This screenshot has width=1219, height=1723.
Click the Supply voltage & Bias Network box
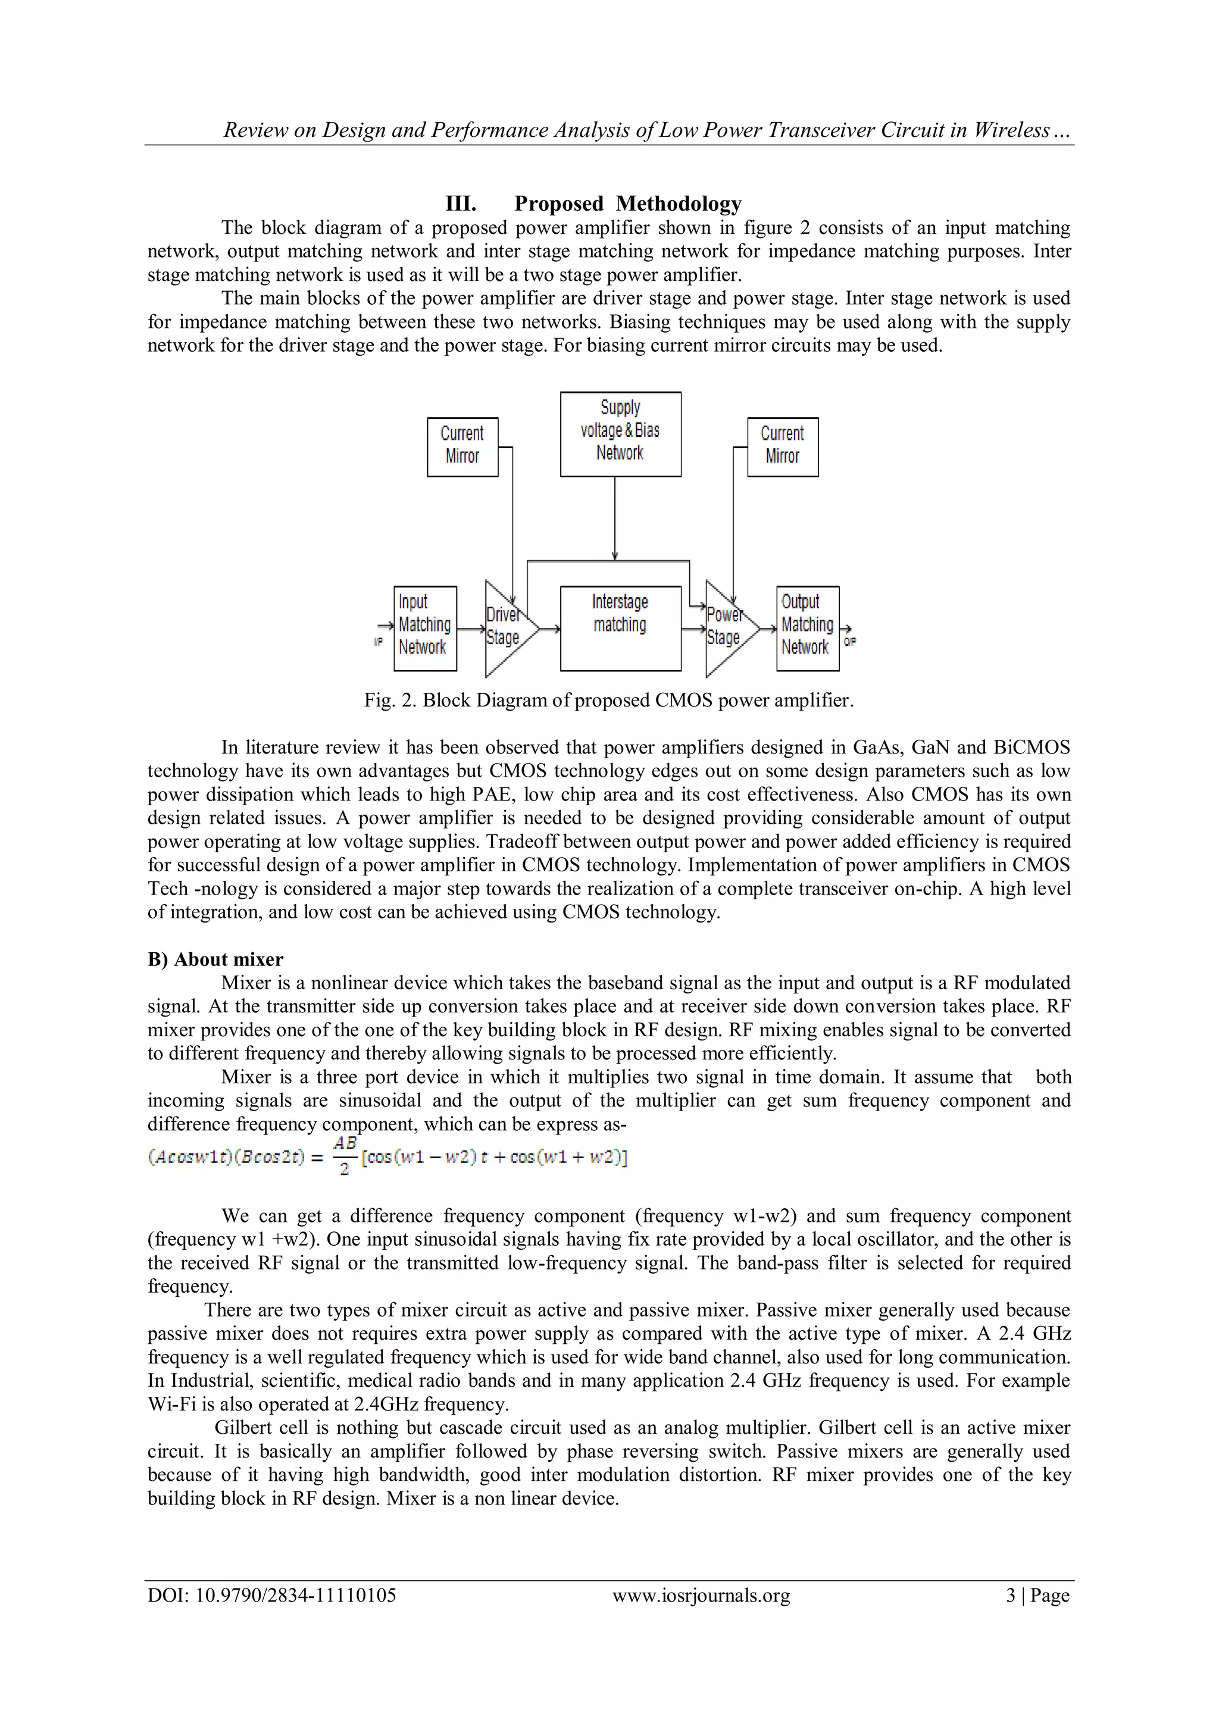[x=620, y=434]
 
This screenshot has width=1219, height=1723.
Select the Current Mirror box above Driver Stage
[x=462, y=446]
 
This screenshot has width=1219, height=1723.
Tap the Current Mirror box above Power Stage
[x=782, y=446]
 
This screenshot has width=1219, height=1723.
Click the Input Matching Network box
[x=425, y=627]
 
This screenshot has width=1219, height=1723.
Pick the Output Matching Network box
[x=807, y=627]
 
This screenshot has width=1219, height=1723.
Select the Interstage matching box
[x=620, y=627]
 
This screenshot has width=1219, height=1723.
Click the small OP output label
[x=850, y=642]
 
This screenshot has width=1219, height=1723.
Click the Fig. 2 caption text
[x=609, y=700]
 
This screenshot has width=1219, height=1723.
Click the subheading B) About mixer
[x=215, y=959]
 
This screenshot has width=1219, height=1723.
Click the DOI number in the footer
[x=272, y=1594]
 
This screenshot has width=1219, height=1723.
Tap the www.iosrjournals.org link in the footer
[x=701, y=1594]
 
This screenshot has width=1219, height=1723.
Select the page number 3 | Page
[x=1037, y=1594]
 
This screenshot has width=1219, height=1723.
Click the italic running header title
[x=646, y=130]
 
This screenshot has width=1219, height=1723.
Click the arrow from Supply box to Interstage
[x=615, y=518]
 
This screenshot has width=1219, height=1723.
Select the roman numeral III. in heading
[x=460, y=204]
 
